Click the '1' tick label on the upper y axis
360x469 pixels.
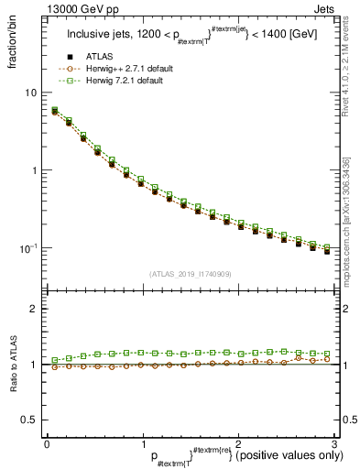coord(34,170)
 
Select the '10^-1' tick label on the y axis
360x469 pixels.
coord(29,248)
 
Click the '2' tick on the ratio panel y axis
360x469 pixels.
coord(34,309)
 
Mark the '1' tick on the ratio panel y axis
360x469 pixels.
coord(34,365)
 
